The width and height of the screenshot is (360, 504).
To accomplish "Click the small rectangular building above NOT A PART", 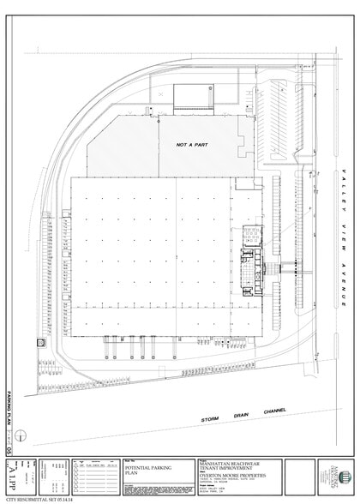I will pyautogui.click(x=195, y=94).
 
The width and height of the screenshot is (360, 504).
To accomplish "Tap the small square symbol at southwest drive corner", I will pyautogui.click(x=39, y=341).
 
